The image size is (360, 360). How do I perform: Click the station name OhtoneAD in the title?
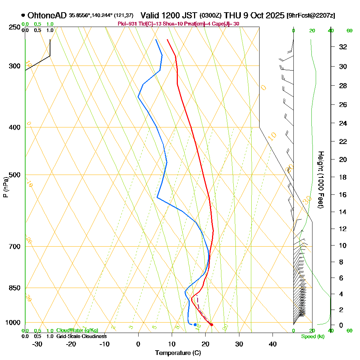tap(47, 15)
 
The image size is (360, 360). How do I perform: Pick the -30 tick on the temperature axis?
tap(37, 344)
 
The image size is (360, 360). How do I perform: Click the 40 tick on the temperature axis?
tap(273, 344)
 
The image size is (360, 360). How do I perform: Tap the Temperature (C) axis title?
tap(177, 353)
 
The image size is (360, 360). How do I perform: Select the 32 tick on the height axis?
tap(343, 47)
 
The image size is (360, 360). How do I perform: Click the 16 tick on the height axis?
tap(343, 195)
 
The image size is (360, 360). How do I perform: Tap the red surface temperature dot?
tap(211, 325)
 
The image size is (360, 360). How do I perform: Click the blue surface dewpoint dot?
tap(195, 325)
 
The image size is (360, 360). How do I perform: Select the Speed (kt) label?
tap(312, 336)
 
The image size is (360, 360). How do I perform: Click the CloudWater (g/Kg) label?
tap(77, 330)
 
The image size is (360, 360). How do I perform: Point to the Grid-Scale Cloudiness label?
tap(81, 336)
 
